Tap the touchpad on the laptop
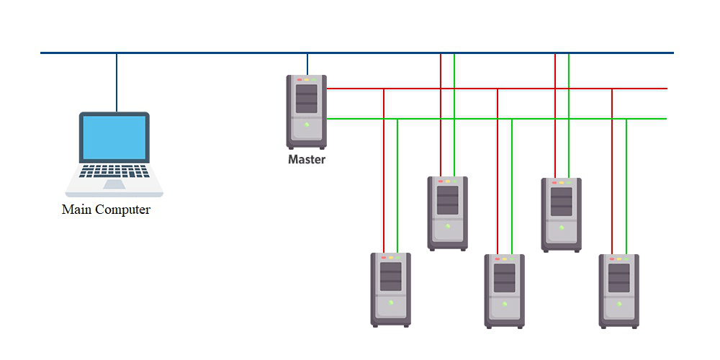coord(114,184)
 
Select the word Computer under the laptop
coord(123,210)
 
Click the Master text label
coord(307,160)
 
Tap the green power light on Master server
coord(307,125)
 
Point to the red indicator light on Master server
coord(298,79)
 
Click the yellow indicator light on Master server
coord(306,79)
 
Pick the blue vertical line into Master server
coord(307,63)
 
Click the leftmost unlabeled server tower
coord(390,289)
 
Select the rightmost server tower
coord(619,291)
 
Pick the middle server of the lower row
coord(505,291)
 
